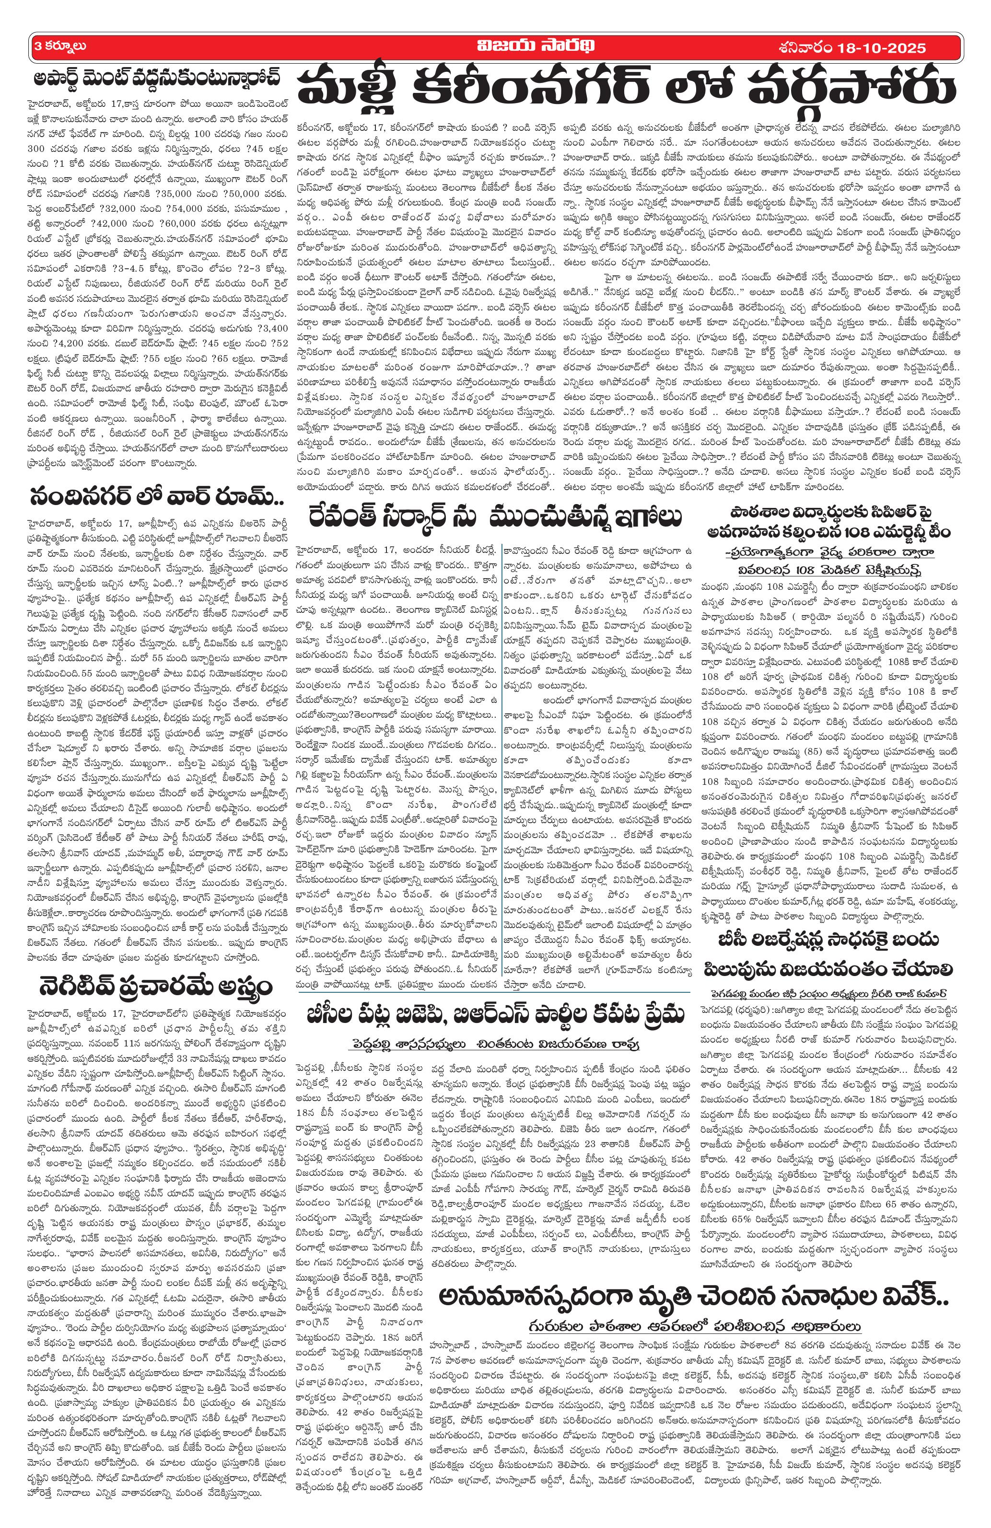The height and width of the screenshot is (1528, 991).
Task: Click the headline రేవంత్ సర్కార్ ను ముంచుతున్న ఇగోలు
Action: pos(494,518)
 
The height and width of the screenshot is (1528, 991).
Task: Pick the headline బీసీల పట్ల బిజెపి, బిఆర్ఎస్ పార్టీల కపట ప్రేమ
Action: pos(493,1018)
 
